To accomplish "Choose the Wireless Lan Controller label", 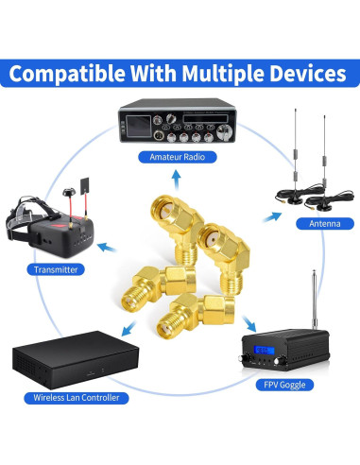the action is (78, 398).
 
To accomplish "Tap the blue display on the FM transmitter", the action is (263, 355).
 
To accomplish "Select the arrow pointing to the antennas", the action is (271, 215).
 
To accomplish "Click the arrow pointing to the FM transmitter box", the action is (235, 321).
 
